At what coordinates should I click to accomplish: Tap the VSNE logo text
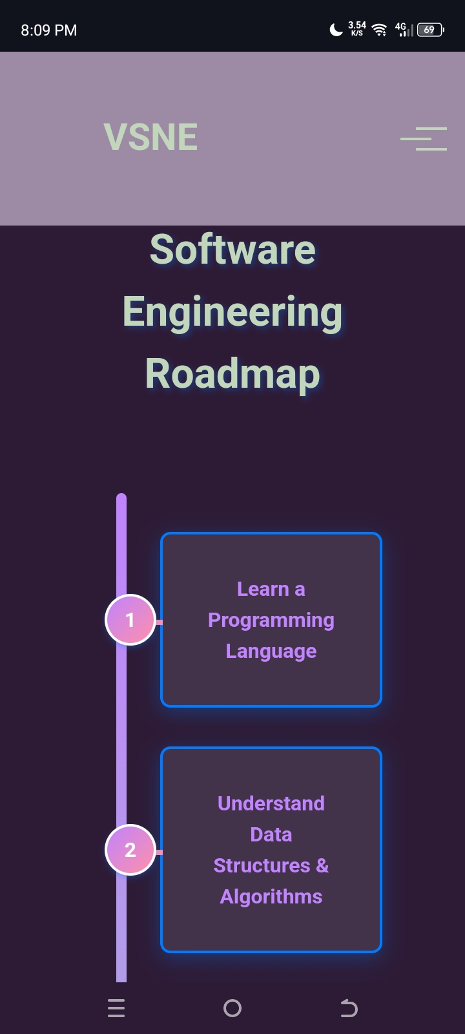(x=150, y=137)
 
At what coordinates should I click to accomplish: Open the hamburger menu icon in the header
(x=424, y=139)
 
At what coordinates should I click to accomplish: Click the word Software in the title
(x=232, y=250)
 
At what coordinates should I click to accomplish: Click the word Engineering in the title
(x=232, y=312)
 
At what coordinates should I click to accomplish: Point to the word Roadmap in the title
(x=232, y=374)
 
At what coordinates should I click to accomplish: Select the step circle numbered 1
(x=130, y=620)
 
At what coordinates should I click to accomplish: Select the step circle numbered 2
(x=130, y=850)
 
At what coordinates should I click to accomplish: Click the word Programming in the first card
(x=271, y=620)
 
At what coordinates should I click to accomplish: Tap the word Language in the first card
(x=271, y=651)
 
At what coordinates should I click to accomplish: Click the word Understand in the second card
(x=271, y=803)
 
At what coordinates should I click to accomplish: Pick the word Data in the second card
(x=271, y=834)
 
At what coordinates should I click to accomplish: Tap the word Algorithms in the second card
(x=271, y=896)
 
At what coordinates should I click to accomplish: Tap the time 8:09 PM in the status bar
(x=49, y=30)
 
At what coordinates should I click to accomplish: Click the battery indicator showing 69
(x=430, y=30)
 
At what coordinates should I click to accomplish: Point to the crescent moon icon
(x=336, y=30)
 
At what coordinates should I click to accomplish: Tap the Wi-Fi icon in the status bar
(x=380, y=30)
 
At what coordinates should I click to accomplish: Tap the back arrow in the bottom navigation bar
(x=349, y=1008)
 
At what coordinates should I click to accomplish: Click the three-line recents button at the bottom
(x=116, y=1008)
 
